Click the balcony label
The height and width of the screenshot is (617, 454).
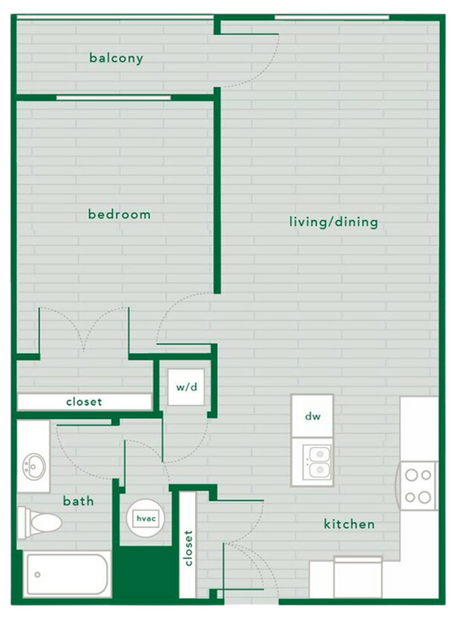point(116,57)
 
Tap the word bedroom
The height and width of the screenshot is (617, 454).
point(119,214)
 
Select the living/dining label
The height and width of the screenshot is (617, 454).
point(334,222)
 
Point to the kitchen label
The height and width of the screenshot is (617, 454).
point(349,524)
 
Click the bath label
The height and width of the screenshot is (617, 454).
point(78,501)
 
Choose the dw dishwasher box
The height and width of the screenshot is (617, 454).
point(312,416)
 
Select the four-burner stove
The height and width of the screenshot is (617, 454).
point(418,486)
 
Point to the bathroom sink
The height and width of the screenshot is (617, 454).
point(33,466)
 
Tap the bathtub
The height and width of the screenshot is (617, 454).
point(67,574)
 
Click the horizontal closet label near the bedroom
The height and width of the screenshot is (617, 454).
point(84,402)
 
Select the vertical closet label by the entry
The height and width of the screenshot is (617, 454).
point(188,547)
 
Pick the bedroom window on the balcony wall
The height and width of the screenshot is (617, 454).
point(113,97)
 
